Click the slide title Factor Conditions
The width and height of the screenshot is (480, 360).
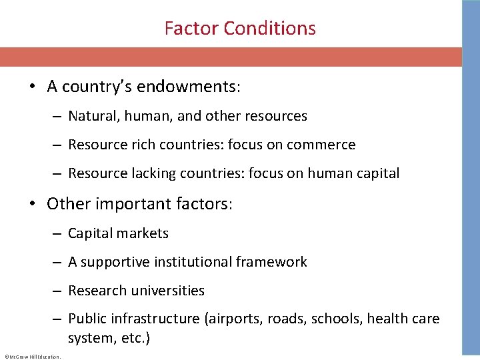click(x=240, y=29)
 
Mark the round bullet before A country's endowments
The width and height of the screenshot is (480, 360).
click(x=31, y=87)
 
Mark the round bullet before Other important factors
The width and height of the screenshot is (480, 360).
click(x=31, y=204)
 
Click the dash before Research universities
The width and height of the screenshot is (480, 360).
click(x=58, y=291)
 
